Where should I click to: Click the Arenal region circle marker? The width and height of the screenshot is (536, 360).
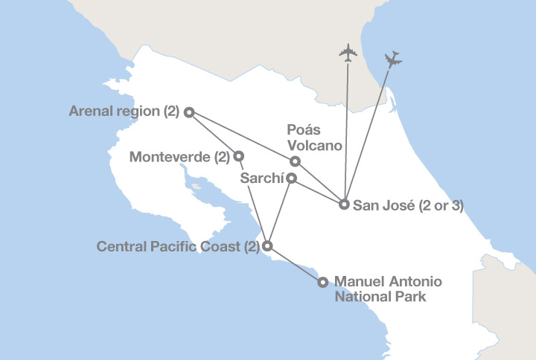[189, 112]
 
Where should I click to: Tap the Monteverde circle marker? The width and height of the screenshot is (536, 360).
[239, 156]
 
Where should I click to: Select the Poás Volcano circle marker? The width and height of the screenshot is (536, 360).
[295, 161]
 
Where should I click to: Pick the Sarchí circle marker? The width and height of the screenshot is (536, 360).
[292, 179]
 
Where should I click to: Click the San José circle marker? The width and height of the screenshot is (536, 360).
[344, 204]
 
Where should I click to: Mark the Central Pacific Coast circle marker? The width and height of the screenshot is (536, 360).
[268, 245]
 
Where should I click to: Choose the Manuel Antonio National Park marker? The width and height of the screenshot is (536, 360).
[323, 282]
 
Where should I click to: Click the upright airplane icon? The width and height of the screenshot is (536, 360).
[348, 53]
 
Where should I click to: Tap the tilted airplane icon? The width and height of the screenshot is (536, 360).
[393, 60]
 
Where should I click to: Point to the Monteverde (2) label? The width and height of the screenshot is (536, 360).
[179, 157]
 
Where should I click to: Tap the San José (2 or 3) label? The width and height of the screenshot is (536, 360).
[409, 205]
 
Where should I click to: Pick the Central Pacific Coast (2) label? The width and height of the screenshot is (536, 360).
[178, 246]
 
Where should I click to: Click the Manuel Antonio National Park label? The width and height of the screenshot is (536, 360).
[389, 289]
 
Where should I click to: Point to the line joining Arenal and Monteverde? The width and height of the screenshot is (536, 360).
[214, 135]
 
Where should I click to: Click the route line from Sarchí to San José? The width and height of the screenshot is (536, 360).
[318, 191]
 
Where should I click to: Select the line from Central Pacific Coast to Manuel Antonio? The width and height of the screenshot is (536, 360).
[296, 264]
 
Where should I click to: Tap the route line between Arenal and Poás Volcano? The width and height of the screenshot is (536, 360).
[242, 137]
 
